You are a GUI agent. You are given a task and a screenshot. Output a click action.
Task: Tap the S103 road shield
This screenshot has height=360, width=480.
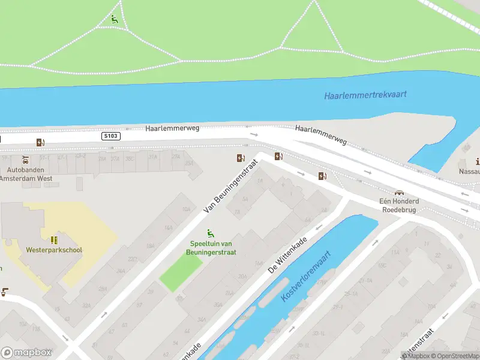[111, 136]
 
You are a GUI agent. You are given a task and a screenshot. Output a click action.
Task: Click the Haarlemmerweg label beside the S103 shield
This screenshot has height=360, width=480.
[172, 128]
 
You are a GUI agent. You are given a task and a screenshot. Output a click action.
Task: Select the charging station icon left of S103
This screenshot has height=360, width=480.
[41, 142]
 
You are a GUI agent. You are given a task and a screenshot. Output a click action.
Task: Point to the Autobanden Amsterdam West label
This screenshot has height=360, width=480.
[26, 175]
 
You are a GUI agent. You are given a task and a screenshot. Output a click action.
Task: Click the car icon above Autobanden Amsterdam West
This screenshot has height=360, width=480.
[25, 160]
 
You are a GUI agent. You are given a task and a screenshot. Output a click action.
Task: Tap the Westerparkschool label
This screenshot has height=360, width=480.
[54, 250]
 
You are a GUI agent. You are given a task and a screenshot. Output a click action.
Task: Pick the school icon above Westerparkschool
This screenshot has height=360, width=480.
[53, 239]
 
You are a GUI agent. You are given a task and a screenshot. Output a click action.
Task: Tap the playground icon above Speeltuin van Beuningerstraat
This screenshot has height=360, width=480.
[211, 233]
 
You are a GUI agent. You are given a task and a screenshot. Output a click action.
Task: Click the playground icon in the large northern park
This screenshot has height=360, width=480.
[114, 19]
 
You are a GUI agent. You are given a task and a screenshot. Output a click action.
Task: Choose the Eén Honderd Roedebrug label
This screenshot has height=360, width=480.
[399, 206]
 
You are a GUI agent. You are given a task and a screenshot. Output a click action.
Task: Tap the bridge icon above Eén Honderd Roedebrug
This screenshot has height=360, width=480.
[398, 193]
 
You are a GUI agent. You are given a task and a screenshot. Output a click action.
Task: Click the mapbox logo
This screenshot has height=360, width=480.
[26, 353]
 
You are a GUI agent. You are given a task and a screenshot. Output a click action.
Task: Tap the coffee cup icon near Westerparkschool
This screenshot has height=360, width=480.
[4, 292]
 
